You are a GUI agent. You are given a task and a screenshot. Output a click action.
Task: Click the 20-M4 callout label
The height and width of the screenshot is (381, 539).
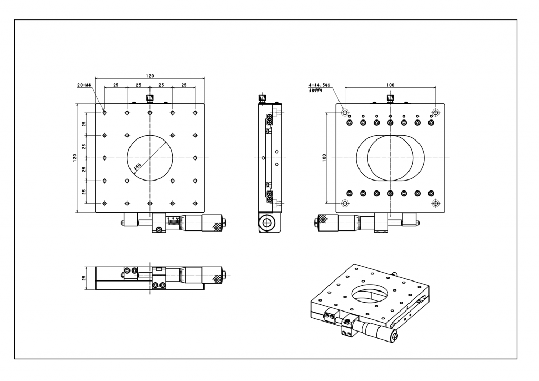coord(84,85)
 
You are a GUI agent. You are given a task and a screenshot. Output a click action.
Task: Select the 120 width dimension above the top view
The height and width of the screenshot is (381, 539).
coord(150,76)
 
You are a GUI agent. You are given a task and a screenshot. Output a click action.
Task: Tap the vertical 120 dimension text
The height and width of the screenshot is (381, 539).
coord(75,158)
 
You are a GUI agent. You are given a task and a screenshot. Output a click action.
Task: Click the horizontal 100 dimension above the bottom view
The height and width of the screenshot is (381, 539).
coord(390,84)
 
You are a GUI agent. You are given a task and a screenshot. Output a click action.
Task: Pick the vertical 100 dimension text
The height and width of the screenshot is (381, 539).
coord(324,158)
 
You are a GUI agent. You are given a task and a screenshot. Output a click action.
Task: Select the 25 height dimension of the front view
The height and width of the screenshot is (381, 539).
coord(84,277)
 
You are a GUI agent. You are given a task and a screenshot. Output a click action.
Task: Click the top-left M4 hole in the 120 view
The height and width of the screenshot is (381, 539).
coord(105,113)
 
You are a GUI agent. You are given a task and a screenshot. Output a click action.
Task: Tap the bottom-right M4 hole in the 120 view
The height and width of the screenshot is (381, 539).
coord(195,203)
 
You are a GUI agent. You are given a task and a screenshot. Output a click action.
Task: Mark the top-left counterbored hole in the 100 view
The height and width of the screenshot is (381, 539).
coord(345,113)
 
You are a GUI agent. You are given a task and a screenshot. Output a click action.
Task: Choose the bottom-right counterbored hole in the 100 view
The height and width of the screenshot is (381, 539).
coord(435,203)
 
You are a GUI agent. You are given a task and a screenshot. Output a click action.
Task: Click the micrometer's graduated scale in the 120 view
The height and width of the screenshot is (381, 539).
coord(174,222)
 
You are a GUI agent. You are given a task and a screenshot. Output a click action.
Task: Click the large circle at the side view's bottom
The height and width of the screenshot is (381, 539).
coord(267,223)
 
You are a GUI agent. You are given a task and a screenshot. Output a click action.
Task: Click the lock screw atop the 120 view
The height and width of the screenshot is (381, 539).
coord(150,98)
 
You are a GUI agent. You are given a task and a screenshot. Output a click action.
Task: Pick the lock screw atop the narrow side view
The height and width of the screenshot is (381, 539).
coord(263,98)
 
